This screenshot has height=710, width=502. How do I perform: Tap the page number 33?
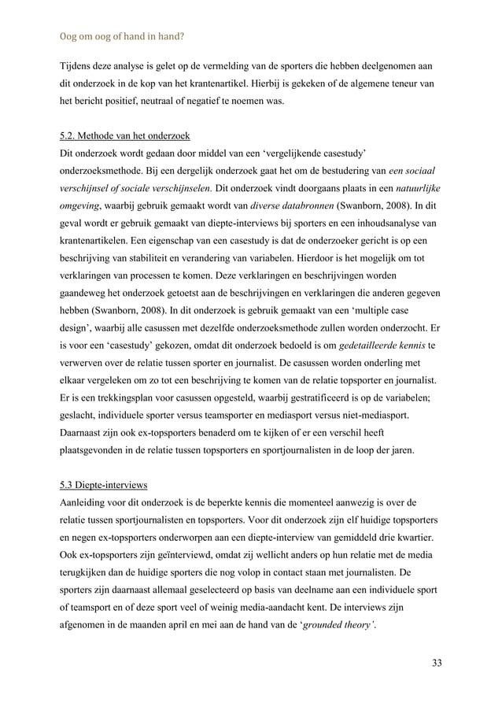(436, 662)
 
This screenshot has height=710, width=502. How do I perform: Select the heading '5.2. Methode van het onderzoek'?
(125, 135)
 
